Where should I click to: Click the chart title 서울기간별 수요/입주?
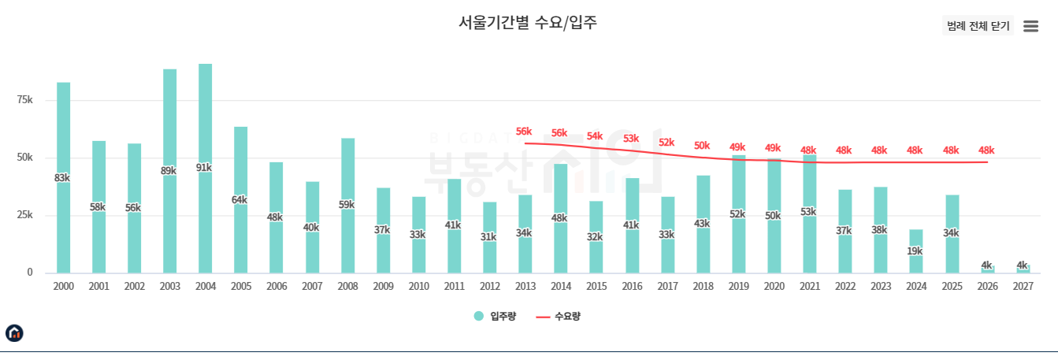(x=528, y=23)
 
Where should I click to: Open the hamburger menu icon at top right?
(x=1030, y=26)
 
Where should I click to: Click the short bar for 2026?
(x=987, y=269)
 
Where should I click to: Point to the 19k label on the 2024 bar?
(x=915, y=251)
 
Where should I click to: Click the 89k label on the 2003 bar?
(x=169, y=171)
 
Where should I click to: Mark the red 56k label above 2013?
(x=524, y=132)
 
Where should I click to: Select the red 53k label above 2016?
(x=631, y=139)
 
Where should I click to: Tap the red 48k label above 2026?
(x=986, y=150)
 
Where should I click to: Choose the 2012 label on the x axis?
(x=489, y=287)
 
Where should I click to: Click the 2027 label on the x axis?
(x=1023, y=287)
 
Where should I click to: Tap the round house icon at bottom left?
(x=14, y=333)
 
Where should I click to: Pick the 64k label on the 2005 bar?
(x=240, y=200)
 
